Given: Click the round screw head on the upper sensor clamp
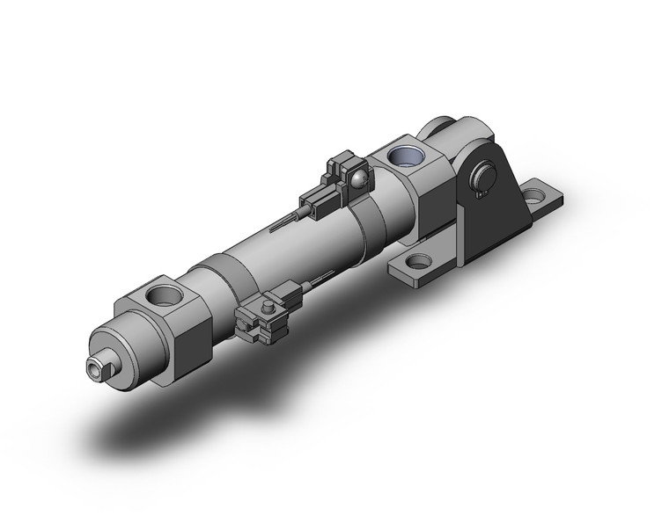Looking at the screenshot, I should [x=358, y=179].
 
